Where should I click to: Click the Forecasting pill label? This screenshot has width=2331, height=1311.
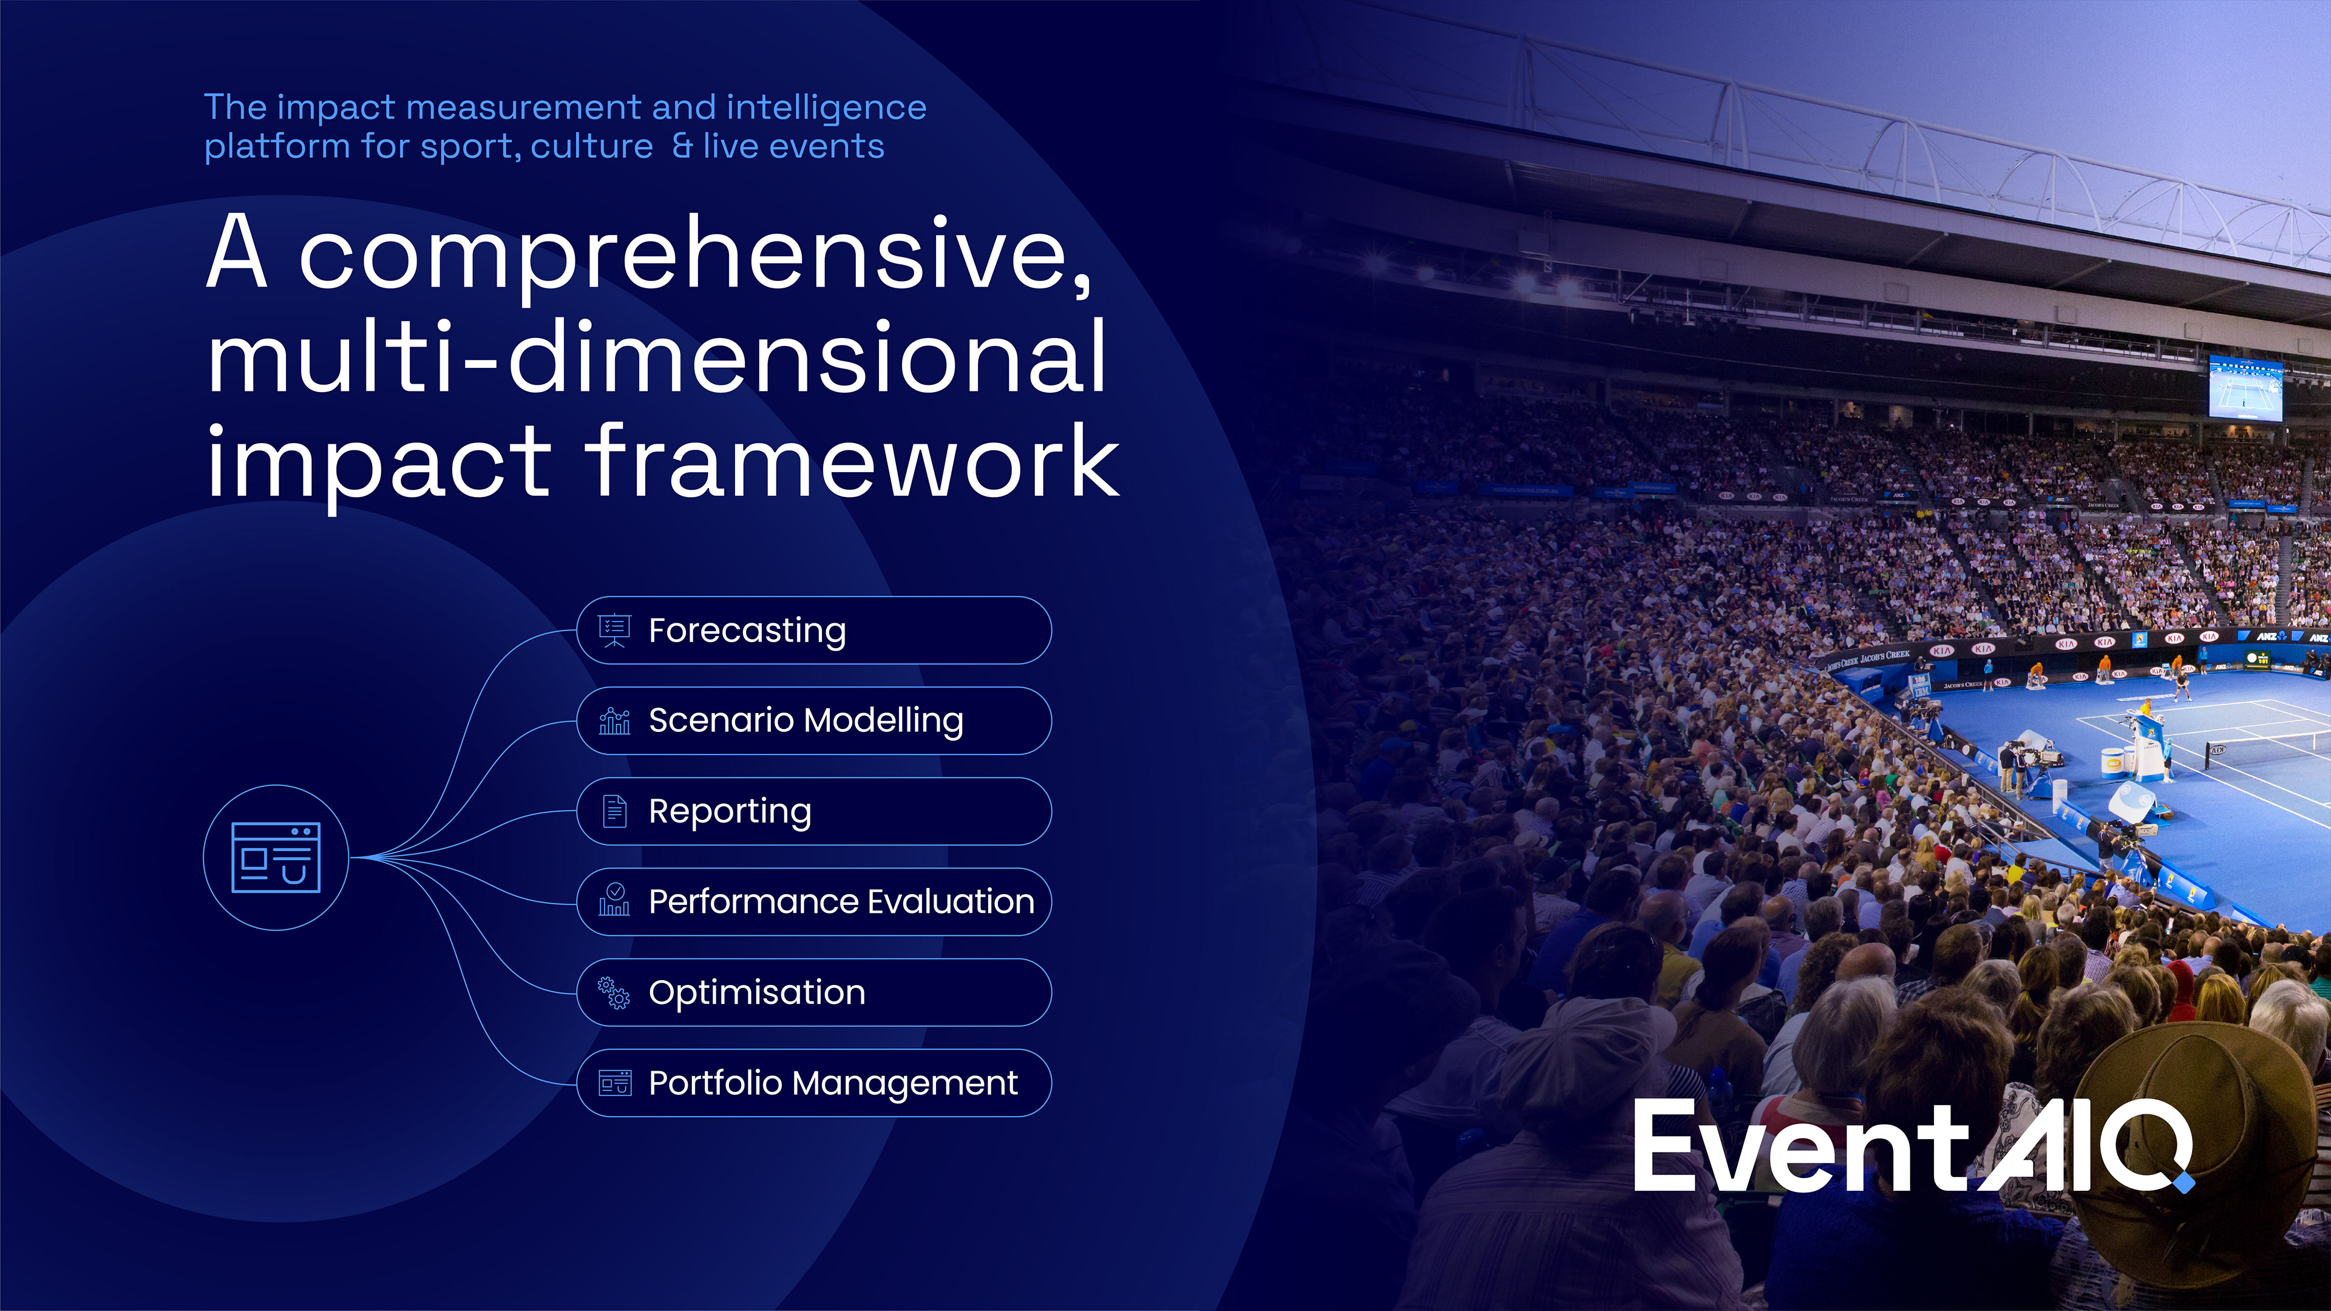[x=747, y=631]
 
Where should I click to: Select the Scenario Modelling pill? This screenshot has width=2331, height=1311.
[x=813, y=721]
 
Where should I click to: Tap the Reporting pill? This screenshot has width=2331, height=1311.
[x=813, y=811]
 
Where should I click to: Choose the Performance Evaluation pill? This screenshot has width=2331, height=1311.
[x=813, y=902]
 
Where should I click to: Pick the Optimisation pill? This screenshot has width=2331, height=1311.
[x=813, y=992]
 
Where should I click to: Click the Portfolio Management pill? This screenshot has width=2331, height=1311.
[x=813, y=1083]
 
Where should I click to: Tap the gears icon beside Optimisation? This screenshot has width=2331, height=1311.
[x=614, y=992]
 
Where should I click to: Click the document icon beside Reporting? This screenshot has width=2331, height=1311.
[x=614, y=811]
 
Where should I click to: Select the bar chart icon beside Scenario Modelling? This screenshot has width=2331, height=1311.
[x=614, y=721]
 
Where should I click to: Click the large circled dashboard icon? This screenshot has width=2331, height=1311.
[x=276, y=857]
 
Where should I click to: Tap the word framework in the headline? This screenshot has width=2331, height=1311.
[x=852, y=461]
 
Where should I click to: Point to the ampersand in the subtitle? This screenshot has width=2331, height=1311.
[x=681, y=146]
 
